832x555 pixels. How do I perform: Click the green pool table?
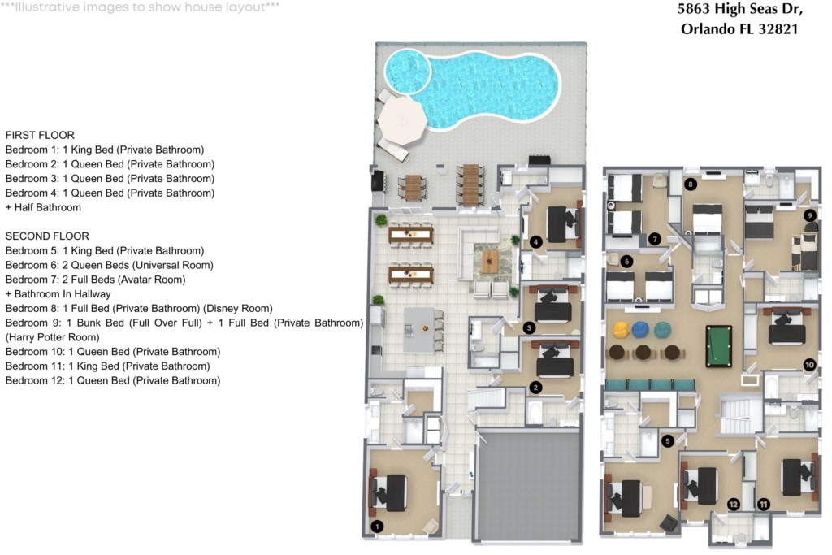[719, 346]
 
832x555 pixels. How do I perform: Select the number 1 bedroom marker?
[377, 527]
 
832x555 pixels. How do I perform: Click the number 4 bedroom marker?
[535, 242]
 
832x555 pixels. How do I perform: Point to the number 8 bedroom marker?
[691, 184]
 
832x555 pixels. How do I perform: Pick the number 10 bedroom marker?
[809, 365]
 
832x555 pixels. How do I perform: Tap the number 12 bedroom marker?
[734, 504]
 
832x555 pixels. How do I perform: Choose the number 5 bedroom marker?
[668, 440]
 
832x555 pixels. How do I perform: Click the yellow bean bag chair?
[621, 329]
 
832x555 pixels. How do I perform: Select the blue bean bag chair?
[641, 329]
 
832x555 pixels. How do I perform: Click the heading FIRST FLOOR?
[40, 136]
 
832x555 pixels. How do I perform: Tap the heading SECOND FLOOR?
[47, 236]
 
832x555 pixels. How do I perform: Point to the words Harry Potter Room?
[53, 337]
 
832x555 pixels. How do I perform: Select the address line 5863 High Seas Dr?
[739, 10]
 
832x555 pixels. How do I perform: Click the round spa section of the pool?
[408, 71]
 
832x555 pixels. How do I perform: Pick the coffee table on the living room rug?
[490, 261]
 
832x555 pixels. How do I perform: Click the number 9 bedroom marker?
[809, 215]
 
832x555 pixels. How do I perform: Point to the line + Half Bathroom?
[44, 207]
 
